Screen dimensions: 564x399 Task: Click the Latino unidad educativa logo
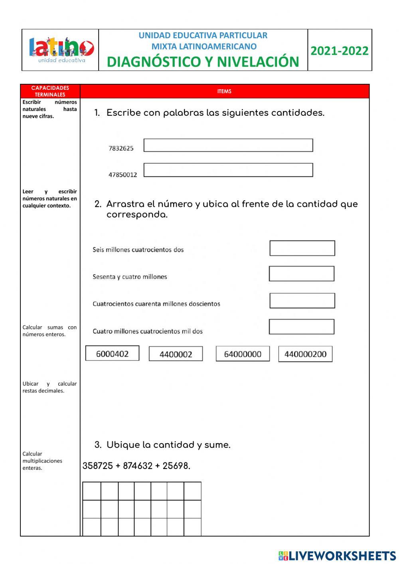61,50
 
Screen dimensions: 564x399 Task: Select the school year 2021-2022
339,51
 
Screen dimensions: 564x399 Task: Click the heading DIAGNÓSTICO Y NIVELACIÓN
203,62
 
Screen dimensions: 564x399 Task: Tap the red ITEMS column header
224,91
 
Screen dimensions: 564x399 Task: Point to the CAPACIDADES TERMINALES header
50,91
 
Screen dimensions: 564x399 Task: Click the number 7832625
121,148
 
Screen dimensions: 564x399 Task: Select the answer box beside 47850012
228,170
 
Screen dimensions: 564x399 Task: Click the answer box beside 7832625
228,145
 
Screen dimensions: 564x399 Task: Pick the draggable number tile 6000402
112,354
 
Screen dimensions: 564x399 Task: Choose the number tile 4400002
176,354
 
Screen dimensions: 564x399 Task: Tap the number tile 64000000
243,354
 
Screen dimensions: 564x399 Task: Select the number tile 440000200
305,354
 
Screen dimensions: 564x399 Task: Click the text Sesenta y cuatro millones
130,277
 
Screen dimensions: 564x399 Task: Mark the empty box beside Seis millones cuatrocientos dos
302,248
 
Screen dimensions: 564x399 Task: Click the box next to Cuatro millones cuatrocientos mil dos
301,327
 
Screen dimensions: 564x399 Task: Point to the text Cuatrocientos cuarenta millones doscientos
156,304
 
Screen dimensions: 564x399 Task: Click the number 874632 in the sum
138,466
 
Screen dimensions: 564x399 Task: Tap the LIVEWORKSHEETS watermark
337,556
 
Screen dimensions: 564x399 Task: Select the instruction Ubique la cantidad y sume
168,445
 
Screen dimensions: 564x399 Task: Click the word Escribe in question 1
123,113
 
